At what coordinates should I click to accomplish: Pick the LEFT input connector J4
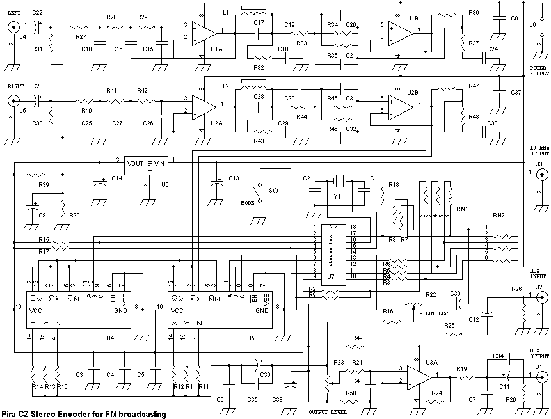click(x=13, y=28)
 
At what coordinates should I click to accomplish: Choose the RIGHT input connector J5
click(x=13, y=101)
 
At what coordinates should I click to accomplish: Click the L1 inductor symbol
click(x=252, y=11)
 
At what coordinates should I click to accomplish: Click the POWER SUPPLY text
click(x=538, y=70)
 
